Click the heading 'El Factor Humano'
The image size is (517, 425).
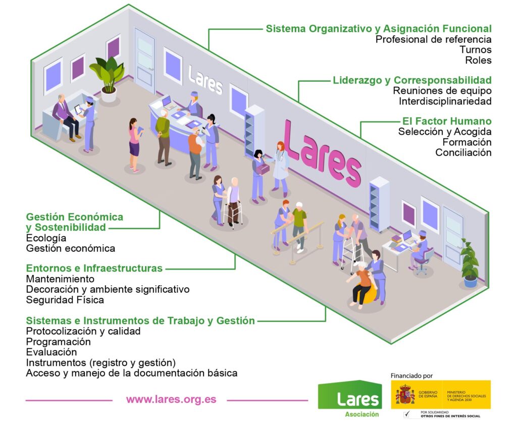pyautogui.click(x=447, y=121)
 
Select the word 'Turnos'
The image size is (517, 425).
pyautogui.click(x=476, y=49)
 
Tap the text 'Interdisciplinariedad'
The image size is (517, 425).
pyautogui.click(x=445, y=101)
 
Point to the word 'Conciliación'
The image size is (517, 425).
pyautogui.click(x=463, y=152)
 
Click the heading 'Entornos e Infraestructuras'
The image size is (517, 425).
pyautogui.click(x=94, y=268)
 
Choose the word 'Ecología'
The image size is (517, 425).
pyautogui.click(x=46, y=238)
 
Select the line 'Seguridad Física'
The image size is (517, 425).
pyautogui.click(x=65, y=300)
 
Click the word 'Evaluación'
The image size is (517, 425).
pyautogui.click(x=51, y=352)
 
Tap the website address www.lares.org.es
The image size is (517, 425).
pyautogui.click(x=171, y=399)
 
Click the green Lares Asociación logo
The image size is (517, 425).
pyautogui.click(x=349, y=399)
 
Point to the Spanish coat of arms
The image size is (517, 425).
pyautogui.click(x=405, y=395)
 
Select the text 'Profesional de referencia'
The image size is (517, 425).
pyautogui.click(x=434, y=39)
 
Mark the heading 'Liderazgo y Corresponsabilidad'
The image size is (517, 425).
pyautogui.click(x=412, y=80)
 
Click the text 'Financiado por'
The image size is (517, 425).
pyautogui.click(x=411, y=376)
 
